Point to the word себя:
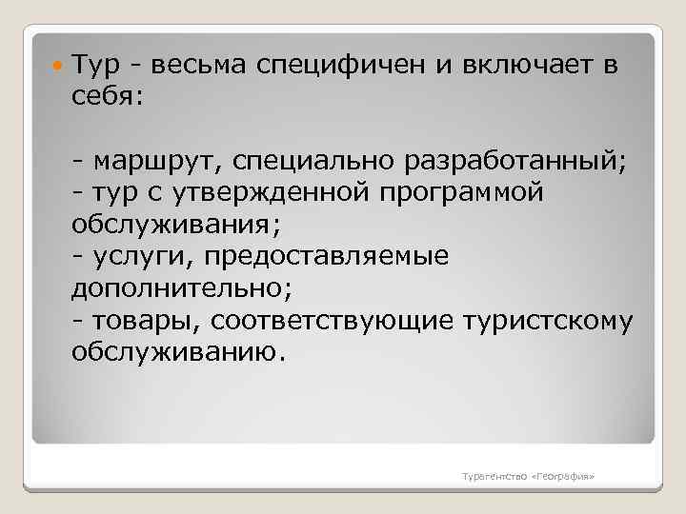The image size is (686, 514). (105, 98)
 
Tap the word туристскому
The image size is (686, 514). (546, 321)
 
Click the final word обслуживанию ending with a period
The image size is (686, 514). (177, 353)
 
